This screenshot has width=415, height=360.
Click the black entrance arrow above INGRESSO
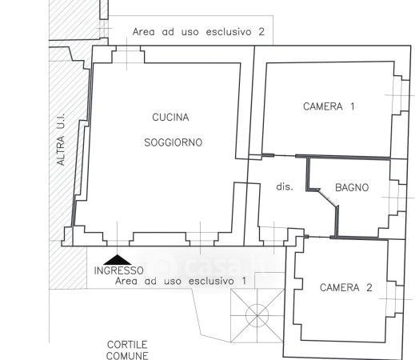118,260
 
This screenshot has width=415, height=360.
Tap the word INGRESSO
119,270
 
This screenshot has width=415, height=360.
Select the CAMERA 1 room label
329,106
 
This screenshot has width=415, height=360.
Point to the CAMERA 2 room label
346,288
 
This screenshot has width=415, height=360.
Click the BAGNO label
352,187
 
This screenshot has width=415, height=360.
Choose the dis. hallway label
285,186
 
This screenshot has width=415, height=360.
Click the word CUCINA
170,117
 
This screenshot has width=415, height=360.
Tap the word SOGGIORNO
174,142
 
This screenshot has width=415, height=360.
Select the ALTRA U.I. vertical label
61,139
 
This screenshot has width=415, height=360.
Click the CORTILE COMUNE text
127,350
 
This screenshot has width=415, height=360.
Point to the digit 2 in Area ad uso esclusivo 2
261,32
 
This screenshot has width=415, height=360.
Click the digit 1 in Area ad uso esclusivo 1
244,281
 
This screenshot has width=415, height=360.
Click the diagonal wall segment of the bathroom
328,198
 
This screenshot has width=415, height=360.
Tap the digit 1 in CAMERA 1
353,106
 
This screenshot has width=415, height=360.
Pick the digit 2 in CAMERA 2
369,288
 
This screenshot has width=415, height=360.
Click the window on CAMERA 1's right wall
401,95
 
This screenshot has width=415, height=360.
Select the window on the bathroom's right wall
398,198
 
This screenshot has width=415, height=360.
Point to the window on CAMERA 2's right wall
396,299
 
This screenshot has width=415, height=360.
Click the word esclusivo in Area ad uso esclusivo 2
229,32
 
